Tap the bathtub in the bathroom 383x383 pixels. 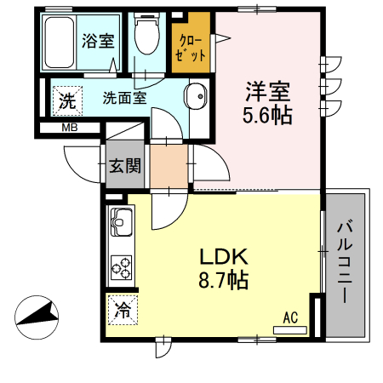point(60,44)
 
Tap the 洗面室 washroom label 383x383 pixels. point(125,97)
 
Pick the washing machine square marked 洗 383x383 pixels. point(66,100)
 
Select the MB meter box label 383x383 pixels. point(71,129)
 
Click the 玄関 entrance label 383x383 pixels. point(124,166)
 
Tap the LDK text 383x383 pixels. point(223,256)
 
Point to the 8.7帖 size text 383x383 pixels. point(223,279)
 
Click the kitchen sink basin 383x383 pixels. point(119,226)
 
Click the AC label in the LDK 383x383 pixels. point(289,318)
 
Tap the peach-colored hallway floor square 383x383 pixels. point(169,167)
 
